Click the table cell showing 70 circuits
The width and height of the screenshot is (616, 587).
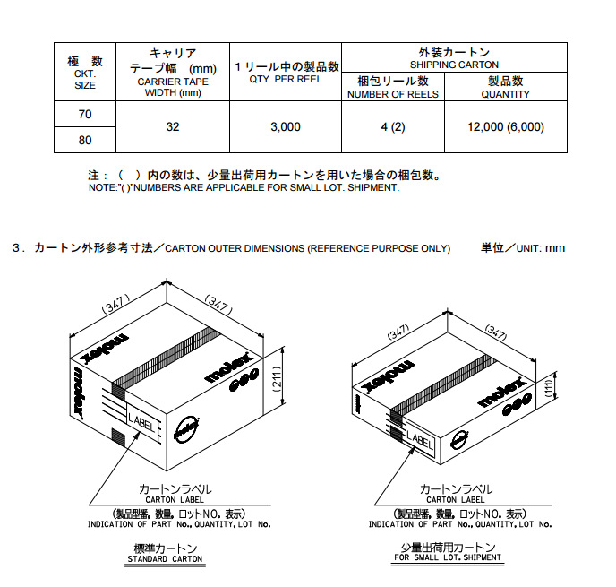click(x=85, y=115)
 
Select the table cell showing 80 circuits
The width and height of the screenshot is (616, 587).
click(x=85, y=140)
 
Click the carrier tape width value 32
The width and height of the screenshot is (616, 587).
click(x=173, y=127)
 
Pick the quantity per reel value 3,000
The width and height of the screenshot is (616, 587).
click(x=286, y=127)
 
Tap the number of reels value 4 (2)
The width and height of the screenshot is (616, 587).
click(x=392, y=127)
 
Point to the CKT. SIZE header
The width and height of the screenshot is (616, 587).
click(x=85, y=73)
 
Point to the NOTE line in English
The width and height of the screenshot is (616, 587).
click(x=244, y=188)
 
